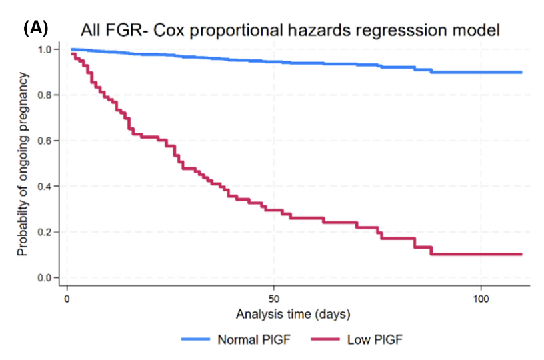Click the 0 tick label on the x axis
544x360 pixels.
[x=67, y=296]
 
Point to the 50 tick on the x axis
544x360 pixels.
[x=274, y=296]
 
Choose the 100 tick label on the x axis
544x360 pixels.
[x=481, y=296]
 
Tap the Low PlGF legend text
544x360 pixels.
[x=375, y=339]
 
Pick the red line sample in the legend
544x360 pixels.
[x=326, y=339]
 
